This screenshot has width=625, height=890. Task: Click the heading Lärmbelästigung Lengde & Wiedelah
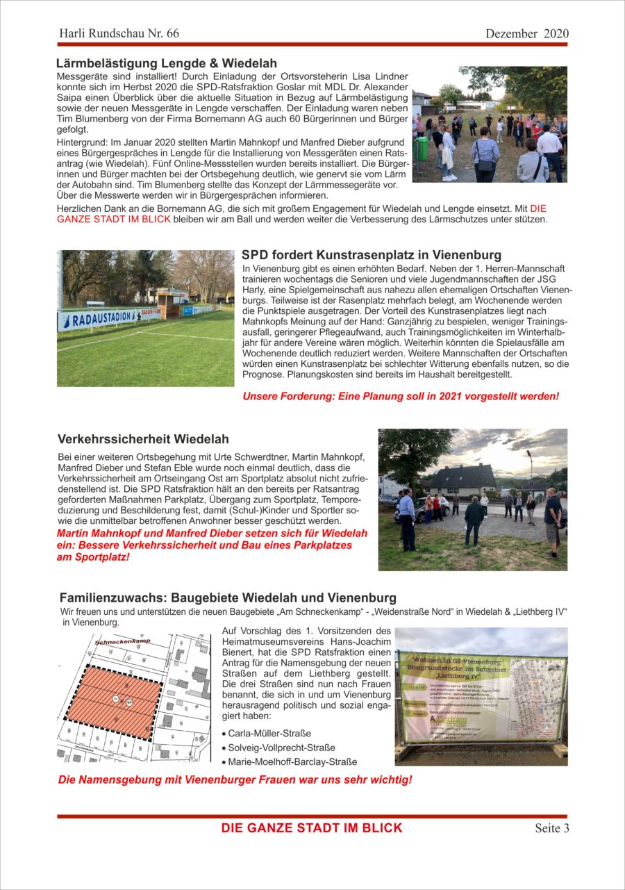(166, 63)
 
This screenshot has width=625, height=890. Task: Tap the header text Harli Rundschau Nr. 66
(119, 33)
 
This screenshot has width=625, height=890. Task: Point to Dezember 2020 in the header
(526, 33)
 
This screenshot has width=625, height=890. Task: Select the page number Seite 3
(551, 827)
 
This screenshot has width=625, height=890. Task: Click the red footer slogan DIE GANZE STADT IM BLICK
(312, 827)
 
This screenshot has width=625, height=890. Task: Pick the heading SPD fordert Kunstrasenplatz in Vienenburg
(372, 255)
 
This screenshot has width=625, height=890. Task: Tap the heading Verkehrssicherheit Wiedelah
(143, 439)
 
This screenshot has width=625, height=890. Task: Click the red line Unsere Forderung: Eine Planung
(401, 396)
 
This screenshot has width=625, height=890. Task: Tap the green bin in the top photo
(422, 148)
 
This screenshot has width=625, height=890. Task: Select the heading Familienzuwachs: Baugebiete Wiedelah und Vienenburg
(228, 598)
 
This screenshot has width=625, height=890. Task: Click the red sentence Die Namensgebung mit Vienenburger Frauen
(235, 780)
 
